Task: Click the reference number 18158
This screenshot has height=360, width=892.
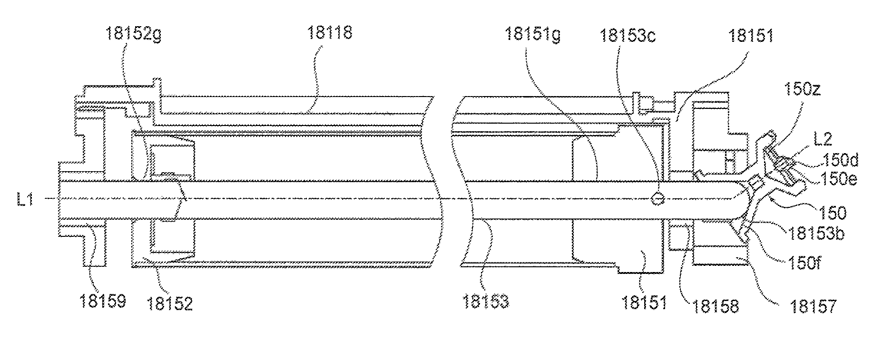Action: [x=716, y=306]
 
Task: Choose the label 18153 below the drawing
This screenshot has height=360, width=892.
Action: [x=485, y=302]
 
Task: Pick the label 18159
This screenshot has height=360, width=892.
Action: [x=103, y=302]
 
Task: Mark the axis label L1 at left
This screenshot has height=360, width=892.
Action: [x=25, y=200]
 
